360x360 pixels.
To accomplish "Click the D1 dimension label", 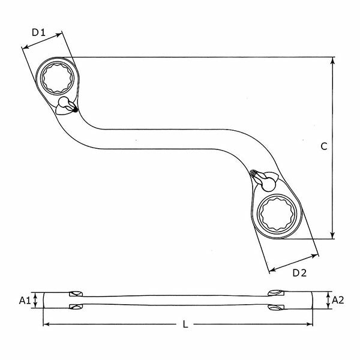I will tap(39, 32).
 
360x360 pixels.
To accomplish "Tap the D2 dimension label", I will tap(299, 274).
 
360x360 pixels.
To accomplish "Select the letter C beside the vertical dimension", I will tap(323, 146).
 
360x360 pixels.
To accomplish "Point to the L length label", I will tap(185, 325).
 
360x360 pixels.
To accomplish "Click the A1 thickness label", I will tap(25, 299).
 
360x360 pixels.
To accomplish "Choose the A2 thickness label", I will tap(337, 299).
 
